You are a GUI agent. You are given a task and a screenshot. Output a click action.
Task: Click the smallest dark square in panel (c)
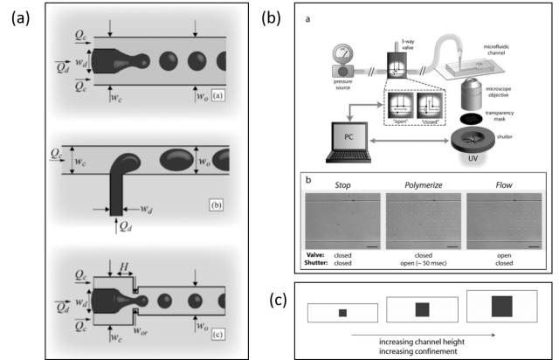click(343, 312)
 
